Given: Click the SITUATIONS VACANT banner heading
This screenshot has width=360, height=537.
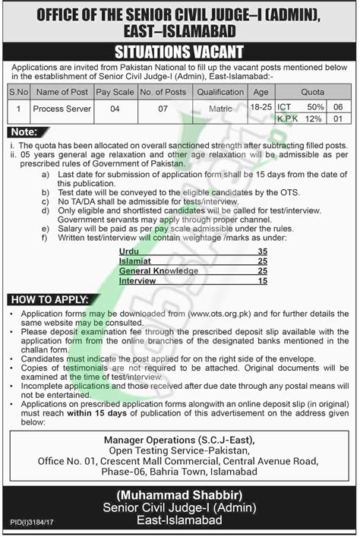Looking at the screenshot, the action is click(179, 52).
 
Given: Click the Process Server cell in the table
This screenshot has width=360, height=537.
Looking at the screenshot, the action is click(62, 109).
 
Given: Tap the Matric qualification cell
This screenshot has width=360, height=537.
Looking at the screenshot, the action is click(220, 109).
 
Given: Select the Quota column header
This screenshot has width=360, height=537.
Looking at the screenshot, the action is click(313, 91).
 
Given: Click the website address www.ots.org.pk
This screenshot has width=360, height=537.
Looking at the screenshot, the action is click(221, 313).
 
